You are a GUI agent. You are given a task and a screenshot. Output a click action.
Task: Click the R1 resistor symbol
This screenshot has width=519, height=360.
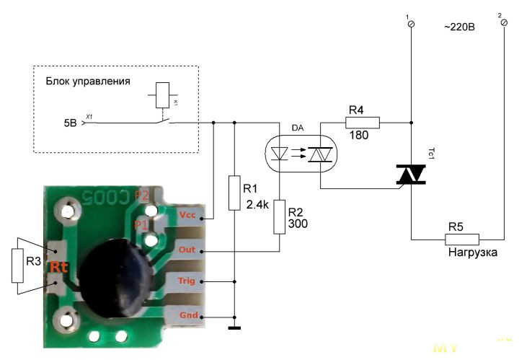tap(234, 193)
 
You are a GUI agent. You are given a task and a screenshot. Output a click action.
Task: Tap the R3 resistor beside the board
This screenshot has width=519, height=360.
tap(17, 265)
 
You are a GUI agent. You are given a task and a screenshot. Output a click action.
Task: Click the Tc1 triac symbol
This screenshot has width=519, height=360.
tap(411, 174)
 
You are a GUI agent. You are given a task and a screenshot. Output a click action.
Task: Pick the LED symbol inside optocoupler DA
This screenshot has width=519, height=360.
tap(279, 154)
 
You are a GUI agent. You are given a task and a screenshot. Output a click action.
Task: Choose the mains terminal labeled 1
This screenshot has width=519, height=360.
tap(412, 24)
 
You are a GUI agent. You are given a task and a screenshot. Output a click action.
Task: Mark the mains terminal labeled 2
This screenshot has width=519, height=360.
tap(503, 24)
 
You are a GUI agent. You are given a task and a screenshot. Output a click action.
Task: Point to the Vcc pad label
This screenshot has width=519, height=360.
tap(187, 216)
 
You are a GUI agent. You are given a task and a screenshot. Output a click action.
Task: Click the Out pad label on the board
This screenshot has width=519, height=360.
tap(187, 250)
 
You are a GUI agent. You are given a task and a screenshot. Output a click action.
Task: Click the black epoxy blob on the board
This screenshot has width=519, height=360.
tap(116, 267)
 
